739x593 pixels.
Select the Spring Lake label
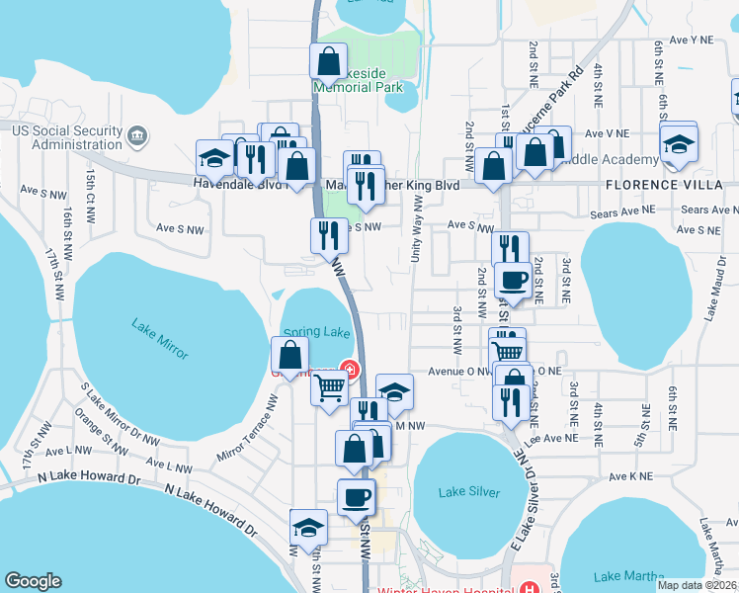[316, 332]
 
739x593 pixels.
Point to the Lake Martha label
[621, 576]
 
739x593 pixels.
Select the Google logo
[33, 581]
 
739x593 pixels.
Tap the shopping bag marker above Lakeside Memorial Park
[328, 63]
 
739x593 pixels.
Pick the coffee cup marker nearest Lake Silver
[356, 496]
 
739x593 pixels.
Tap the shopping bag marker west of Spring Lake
[289, 356]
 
